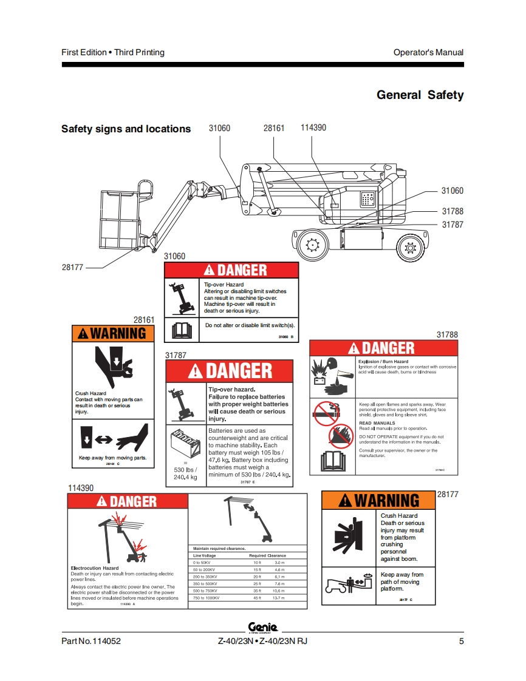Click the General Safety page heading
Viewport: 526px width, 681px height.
(x=420, y=95)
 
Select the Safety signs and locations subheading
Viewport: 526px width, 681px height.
(x=126, y=129)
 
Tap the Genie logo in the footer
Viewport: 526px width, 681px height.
(x=262, y=628)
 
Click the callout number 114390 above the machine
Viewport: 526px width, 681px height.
(x=313, y=127)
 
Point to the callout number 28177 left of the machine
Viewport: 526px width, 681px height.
(x=72, y=266)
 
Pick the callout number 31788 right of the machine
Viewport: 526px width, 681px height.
(x=452, y=211)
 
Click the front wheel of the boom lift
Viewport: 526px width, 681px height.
(x=313, y=246)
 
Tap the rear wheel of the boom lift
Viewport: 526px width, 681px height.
(x=411, y=248)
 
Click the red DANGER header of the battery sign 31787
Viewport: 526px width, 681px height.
(x=230, y=371)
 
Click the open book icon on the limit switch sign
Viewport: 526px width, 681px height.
(x=182, y=330)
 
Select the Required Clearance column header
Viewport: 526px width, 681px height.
(x=267, y=555)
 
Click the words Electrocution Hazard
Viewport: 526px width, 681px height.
(x=95, y=568)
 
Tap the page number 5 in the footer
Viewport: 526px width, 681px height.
(x=461, y=642)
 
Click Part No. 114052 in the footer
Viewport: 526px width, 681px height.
(x=87, y=642)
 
